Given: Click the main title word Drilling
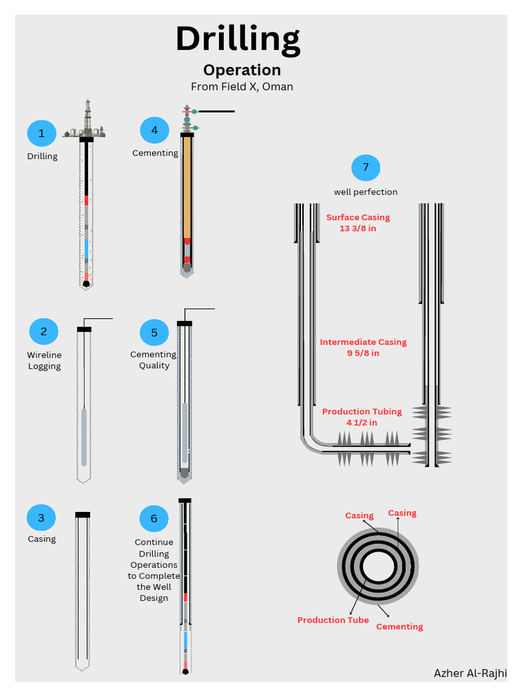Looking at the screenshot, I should point(237,40).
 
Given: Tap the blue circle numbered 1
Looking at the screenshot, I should point(42,133).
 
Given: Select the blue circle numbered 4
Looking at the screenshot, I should point(154,130).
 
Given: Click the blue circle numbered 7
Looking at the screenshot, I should point(366,168).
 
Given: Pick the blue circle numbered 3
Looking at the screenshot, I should point(41,517).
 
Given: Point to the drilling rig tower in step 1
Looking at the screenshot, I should point(87,117).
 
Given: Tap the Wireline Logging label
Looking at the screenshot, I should point(44,360).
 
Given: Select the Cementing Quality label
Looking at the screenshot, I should point(154,360).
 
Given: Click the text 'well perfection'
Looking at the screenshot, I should point(366,192).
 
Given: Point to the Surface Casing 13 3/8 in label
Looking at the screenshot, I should point(358,223).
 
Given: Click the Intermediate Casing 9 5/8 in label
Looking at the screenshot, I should point(363,347).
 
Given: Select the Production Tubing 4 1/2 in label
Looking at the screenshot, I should point(362,417).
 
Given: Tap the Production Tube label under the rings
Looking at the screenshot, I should point(333,620).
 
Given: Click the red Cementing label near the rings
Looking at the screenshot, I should point(400,627).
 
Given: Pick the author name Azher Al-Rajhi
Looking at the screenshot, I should point(470,673).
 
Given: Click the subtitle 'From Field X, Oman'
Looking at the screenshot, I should point(242,87).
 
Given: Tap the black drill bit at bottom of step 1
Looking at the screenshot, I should point(86,283).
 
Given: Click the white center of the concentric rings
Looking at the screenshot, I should point(377,567).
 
